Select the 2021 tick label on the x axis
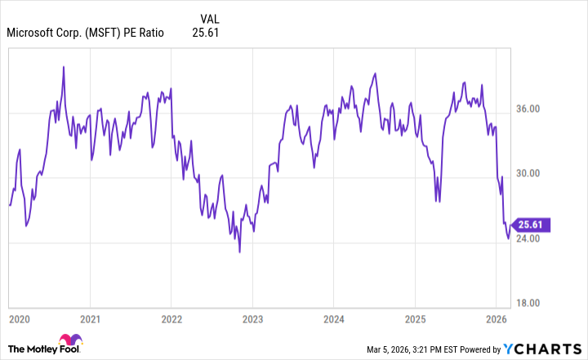click(91, 318)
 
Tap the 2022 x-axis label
click(171, 318)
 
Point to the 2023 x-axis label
click(252, 318)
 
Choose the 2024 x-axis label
click(333, 318)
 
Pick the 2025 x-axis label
click(414, 318)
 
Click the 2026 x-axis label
click(495, 318)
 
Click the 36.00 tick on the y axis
click(529, 109)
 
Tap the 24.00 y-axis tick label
click(529, 238)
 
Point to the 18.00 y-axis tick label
click(529, 303)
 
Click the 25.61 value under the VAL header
click(205, 33)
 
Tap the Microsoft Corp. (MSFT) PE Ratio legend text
click(85, 33)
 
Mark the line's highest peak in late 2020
click(64, 66)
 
